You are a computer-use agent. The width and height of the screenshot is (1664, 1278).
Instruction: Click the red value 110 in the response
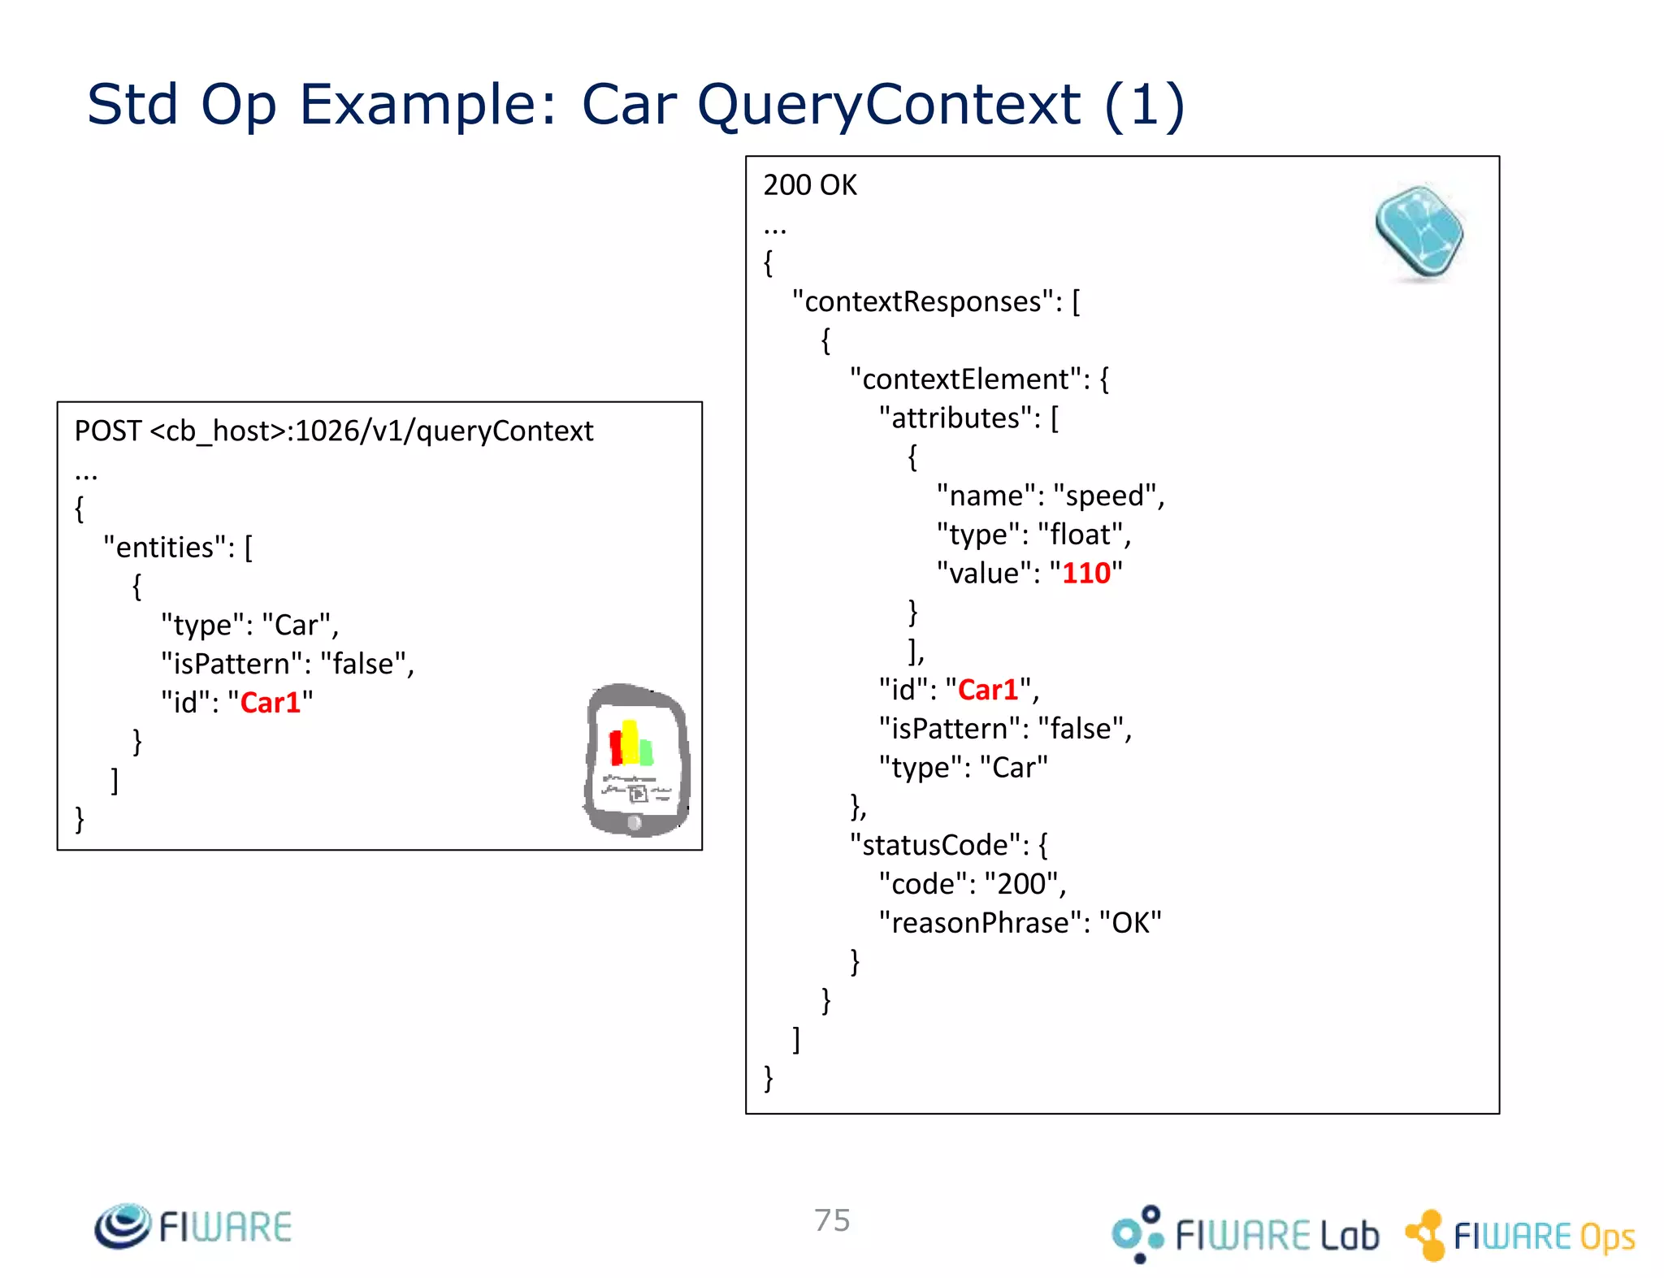coord(1085,574)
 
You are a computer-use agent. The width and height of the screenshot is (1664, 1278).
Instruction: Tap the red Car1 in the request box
coord(270,703)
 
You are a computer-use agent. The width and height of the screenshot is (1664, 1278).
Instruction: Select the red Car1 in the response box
coord(988,690)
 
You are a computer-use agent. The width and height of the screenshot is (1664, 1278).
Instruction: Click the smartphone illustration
coord(637,760)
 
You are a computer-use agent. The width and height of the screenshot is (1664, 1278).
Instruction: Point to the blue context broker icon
coord(1419,232)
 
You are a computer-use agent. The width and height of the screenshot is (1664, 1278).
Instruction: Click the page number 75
coord(832,1220)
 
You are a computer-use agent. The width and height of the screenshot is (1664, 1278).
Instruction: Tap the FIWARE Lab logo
coord(1245,1234)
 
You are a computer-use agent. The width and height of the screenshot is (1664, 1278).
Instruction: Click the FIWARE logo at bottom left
coord(193,1227)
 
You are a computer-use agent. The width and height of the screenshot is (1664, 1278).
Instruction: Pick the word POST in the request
coord(108,431)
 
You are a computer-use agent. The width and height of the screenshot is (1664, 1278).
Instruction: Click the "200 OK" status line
coord(810,185)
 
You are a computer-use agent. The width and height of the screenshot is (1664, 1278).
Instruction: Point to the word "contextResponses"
coord(923,302)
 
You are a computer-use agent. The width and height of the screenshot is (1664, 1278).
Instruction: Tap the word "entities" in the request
coord(165,548)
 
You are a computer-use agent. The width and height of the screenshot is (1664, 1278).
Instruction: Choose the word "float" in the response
coord(1080,535)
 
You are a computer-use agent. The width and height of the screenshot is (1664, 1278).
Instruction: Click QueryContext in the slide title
coord(889,105)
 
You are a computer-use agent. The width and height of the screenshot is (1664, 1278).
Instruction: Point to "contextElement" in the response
coord(964,379)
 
